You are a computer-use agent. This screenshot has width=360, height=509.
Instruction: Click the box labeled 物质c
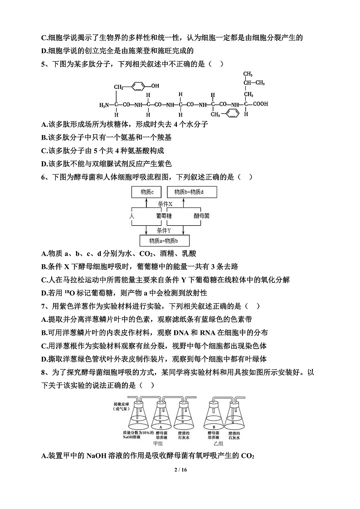coord(144,192)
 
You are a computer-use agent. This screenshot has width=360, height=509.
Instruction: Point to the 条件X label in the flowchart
coord(164,204)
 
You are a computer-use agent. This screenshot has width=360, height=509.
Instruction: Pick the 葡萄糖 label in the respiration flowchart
coord(164,216)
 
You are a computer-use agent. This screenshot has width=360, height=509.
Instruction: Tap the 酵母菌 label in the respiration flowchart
coord(201,216)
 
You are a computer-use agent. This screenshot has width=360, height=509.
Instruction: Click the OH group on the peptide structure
coord(155,85)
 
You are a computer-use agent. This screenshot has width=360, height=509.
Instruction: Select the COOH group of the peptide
coord(260,104)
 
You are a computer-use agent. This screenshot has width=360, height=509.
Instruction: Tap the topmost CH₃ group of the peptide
coord(247,73)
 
